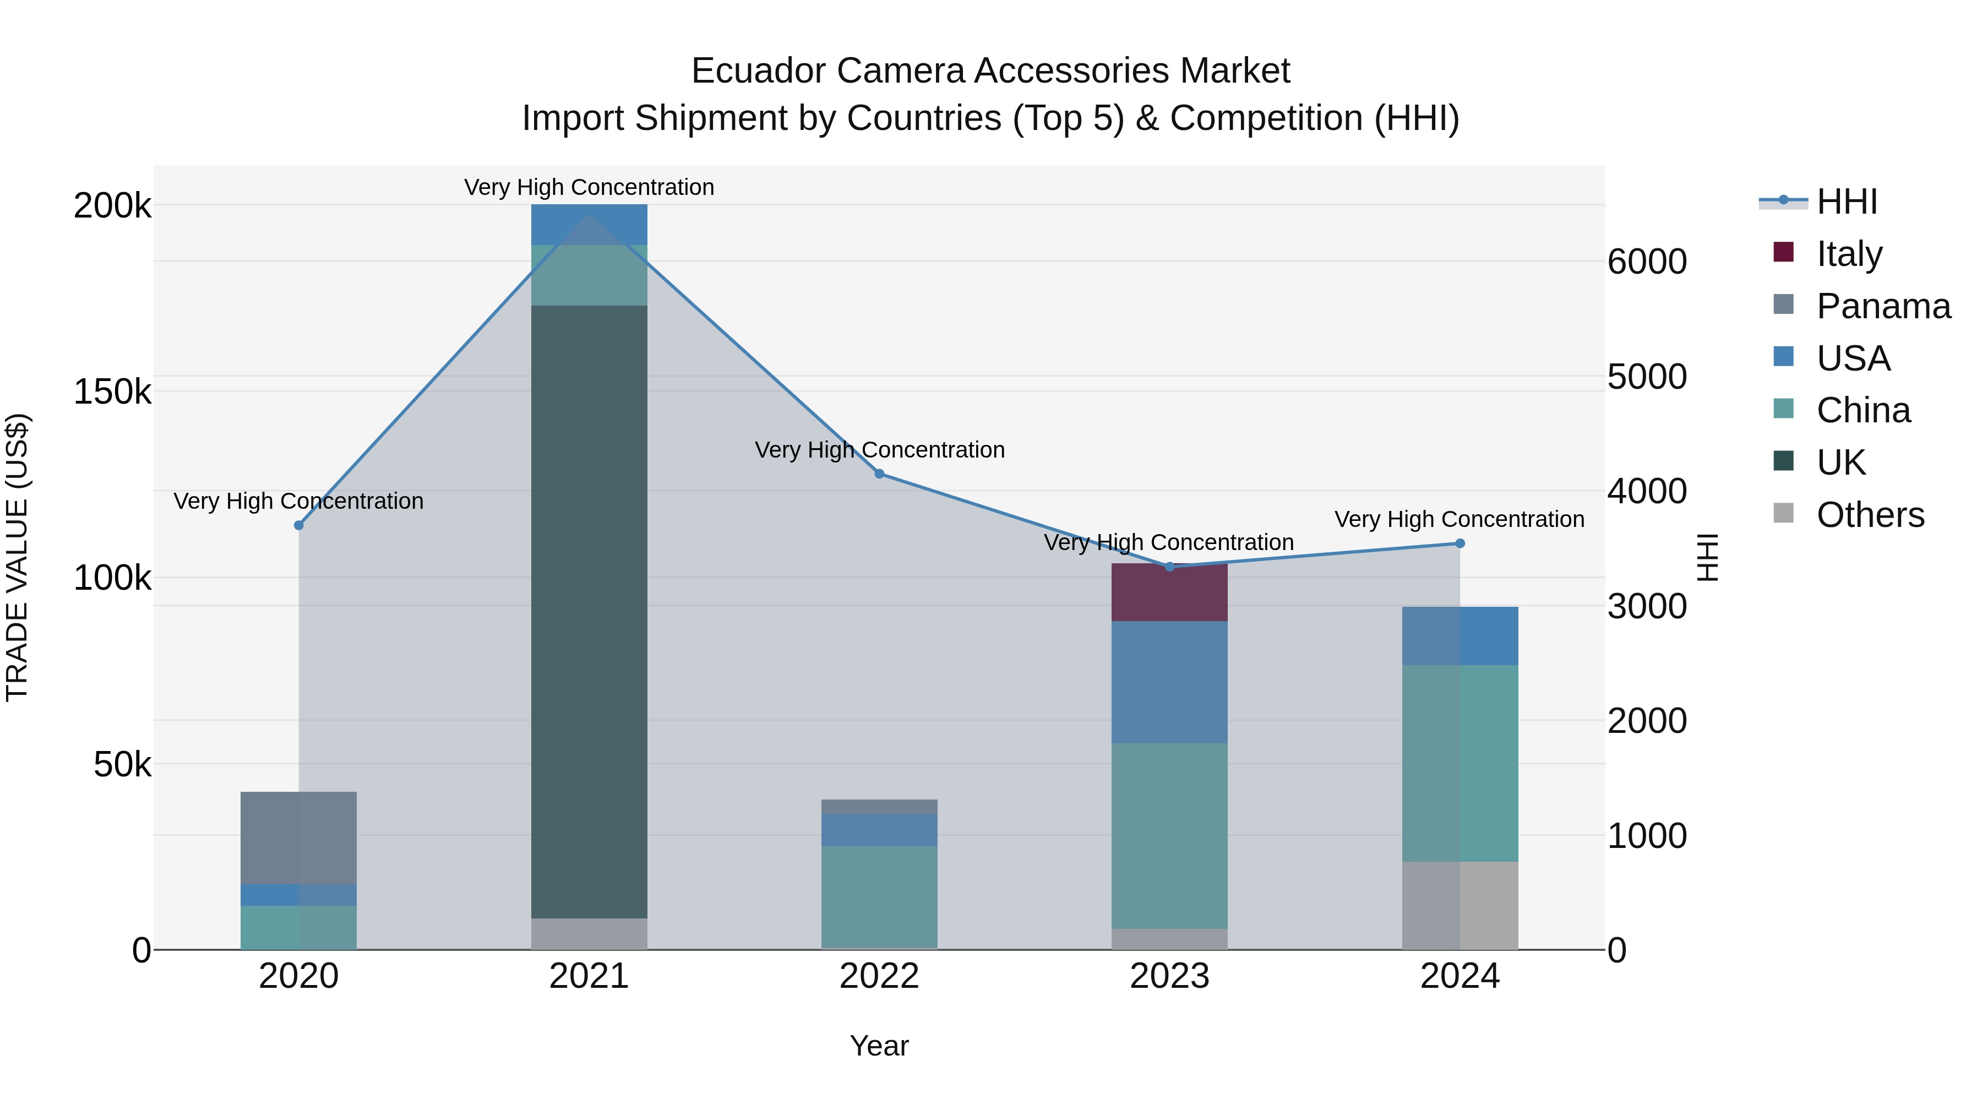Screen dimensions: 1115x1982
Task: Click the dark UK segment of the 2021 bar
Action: (589, 612)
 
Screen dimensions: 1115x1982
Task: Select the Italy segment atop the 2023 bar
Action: (1169, 592)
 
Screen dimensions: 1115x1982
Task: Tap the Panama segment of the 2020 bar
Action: (298, 838)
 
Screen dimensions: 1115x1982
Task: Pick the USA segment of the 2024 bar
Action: (1460, 635)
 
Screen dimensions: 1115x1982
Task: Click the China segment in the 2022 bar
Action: (879, 896)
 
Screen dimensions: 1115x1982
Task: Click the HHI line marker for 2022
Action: (879, 474)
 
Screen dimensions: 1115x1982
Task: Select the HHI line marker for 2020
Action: (298, 526)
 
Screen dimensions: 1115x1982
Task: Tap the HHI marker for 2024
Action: (1460, 544)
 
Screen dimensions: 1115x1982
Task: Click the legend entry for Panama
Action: (1883, 306)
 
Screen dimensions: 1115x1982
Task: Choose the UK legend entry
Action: (1841, 463)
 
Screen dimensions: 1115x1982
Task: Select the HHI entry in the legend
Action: (1847, 202)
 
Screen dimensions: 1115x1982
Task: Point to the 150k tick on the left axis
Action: (112, 391)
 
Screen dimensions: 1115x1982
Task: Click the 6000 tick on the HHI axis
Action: (1647, 262)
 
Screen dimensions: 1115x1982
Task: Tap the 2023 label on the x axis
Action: (1169, 976)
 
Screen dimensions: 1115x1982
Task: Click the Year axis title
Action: (879, 1046)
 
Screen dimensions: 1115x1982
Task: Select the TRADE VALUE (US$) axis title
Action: (17, 557)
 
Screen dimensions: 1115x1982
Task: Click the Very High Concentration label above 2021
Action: (589, 187)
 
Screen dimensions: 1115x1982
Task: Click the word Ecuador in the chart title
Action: (758, 71)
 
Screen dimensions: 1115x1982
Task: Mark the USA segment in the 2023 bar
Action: (1169, 682)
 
